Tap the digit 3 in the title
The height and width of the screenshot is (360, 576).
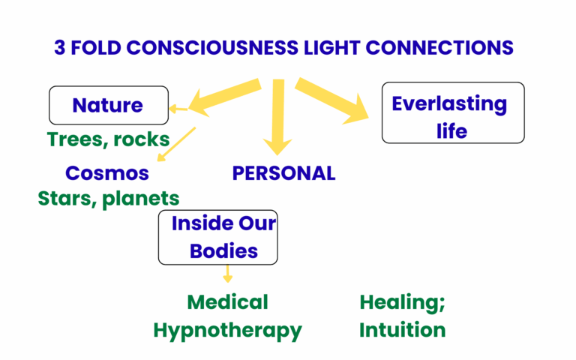(x=59, y=47)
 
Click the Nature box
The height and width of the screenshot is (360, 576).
(x=108, y=106)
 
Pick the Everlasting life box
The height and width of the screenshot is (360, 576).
(x=452, y=112)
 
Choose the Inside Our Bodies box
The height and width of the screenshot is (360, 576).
(x=217, y=237)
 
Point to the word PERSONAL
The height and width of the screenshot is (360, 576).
(x=283, y=173)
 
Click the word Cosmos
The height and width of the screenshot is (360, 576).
(x=106, y=173)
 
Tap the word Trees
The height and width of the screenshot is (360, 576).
(x=73, y=139)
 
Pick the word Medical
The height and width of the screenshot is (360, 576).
(x=227, y=302)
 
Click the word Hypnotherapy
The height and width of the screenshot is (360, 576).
(x=227, y=330)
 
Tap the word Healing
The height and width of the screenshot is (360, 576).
(x=402, y=302)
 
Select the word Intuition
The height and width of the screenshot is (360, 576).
(x=402, y=330)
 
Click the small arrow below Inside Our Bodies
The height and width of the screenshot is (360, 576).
(x=227, y=274)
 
